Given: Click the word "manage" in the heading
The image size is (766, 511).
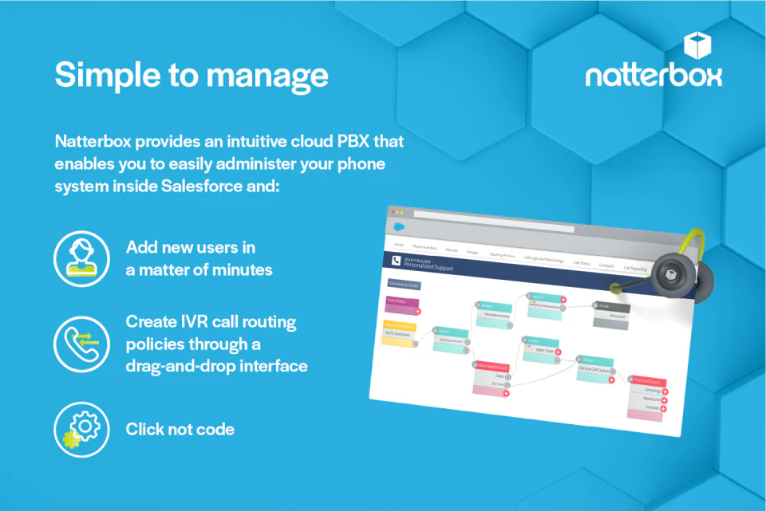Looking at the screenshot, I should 274,75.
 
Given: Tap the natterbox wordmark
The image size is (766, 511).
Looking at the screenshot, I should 653,76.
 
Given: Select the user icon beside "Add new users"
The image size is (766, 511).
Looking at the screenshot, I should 81,257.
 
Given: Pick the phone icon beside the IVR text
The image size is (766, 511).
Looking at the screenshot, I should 81,342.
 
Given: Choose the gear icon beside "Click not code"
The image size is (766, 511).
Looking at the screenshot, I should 81,429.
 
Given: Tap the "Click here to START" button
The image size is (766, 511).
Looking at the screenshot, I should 404,283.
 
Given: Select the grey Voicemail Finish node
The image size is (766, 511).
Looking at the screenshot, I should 611,312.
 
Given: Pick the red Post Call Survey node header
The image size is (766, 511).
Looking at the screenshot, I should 646,382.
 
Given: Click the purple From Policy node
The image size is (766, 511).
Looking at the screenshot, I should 401,303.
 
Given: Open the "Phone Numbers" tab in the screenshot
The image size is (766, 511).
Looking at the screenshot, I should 424,248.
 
